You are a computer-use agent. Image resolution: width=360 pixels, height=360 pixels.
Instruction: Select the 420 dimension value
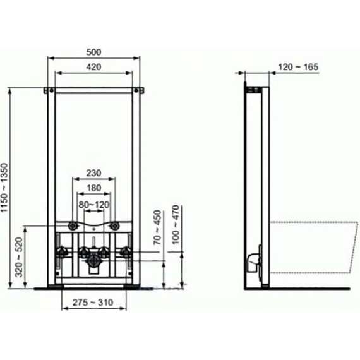(93, 68)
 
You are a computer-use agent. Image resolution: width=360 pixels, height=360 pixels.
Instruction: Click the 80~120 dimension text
(94, 204)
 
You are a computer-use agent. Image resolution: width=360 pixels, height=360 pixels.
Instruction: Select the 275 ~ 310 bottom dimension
(94, 303)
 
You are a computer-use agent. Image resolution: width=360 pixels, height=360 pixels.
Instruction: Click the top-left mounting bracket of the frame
(48, 91)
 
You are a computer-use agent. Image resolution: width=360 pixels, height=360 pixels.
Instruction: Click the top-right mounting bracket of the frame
(140, 91)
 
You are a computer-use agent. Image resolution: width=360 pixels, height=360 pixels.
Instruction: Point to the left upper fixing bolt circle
(74, 225)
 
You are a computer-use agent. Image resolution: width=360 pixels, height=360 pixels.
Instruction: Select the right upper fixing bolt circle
(116, 225)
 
